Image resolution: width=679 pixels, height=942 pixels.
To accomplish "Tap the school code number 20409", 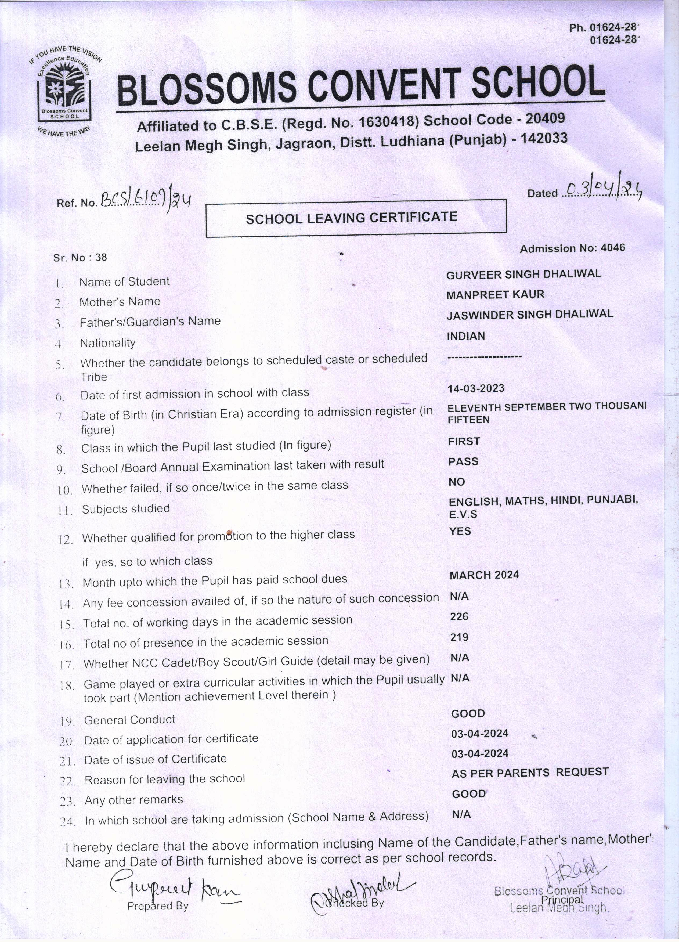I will pyautogui.click(x=545, y=118).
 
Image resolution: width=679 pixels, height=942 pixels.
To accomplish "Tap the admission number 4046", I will pyautogui.click(x=613, y=248).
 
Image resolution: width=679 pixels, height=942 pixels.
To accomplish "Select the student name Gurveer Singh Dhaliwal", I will pyautogui.click(x=523, y=274).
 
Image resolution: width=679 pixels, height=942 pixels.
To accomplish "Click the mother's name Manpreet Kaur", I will pyautogui.click(x=495, y=294).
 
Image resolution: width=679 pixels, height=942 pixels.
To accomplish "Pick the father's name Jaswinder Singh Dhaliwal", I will pyautogui.click(x=529, y=315).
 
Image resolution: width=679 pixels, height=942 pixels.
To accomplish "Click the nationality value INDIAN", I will pyautogui.click(x=465, y=336).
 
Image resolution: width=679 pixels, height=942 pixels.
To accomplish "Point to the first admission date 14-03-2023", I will pyautogui.click(x=475, y=388).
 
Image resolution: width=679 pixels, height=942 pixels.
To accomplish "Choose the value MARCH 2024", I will pyautogui.click(x=484, y=575).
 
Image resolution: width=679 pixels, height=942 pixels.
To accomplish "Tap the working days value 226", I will pyautogui.click(x=459, y=616).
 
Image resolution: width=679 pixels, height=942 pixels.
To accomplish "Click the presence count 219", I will pyautogui.click(x=459, y=637).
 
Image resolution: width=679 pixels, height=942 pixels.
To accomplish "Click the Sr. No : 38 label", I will pyautogui.click(x=80, y=258).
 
